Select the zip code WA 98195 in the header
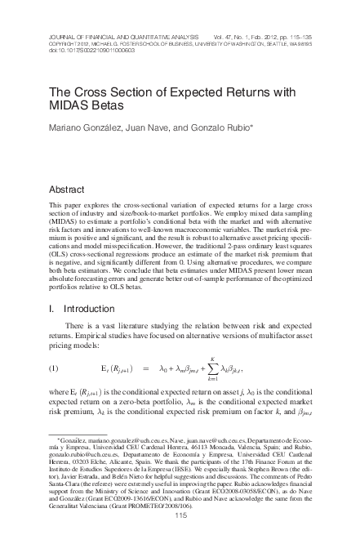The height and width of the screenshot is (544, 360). click(319, 42)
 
